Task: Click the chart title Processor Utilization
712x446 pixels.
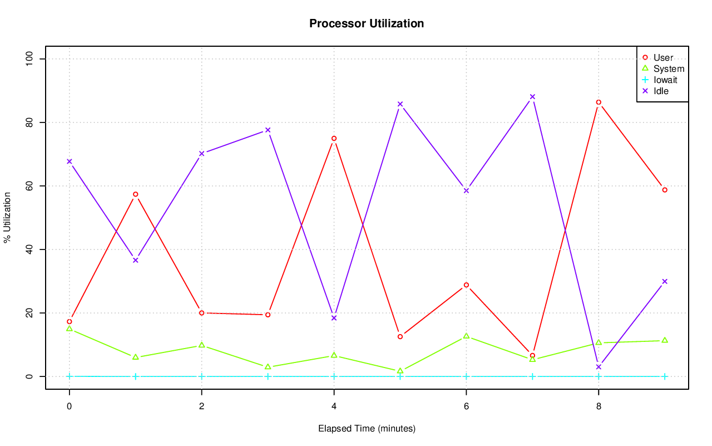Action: click(x=367, y=23)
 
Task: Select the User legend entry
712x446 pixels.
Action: click(x=663, y=58)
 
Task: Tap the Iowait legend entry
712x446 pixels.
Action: click(x=665, y=80)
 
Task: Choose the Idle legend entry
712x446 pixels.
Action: click(x=661, y=91)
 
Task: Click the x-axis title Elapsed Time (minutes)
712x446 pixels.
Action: click(x=367, y=429)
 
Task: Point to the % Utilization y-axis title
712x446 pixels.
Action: click(x=7, y=217)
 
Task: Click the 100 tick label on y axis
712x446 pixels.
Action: click(x=29, y=59)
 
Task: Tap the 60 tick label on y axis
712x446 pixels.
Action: click(x=29, y=186)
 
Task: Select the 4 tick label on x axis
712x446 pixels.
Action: click(x=334, y=406)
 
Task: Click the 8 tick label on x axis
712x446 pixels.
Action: click(x=599, y=406)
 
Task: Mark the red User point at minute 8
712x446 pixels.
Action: click(x=599, y=102)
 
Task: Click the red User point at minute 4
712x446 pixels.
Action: click(x=334, y=139)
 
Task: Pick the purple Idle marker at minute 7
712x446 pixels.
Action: click(x=532, y=97)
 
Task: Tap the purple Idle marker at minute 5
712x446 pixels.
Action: click(x=400, y=104)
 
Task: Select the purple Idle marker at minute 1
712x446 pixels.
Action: click(x=135, y=260)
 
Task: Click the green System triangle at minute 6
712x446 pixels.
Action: click(x=466, y=336)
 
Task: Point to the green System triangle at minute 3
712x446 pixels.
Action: click(x=268, y=367)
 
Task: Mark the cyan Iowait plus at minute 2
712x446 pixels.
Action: click(x=201, y=376)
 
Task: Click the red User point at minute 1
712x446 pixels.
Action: click(x=135, y=194)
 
